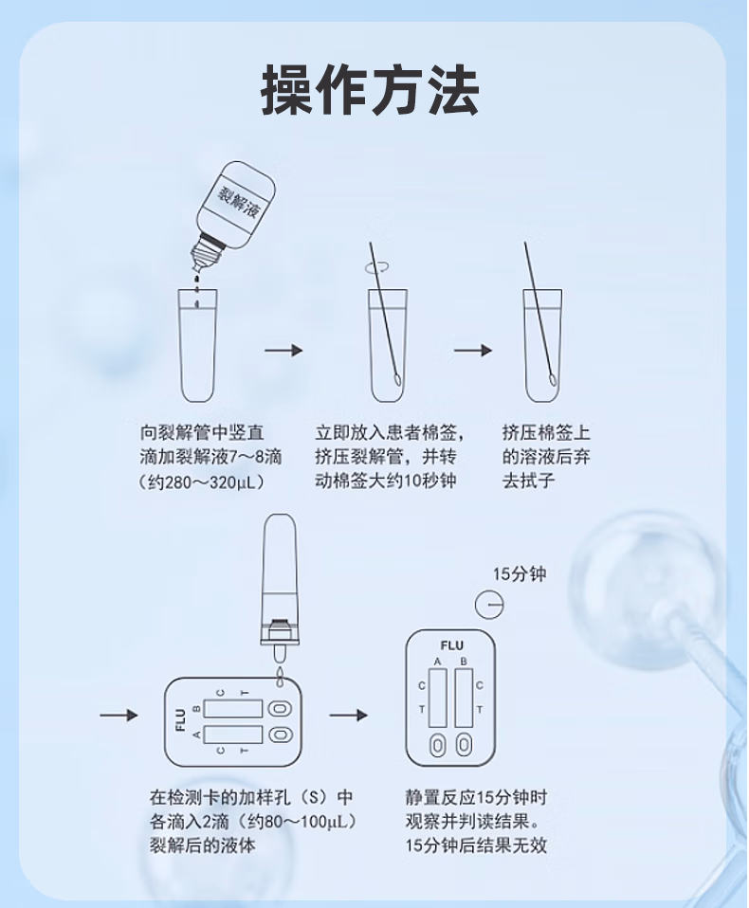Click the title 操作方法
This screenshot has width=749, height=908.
coord(370,91)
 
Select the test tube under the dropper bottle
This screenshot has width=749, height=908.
coord(199,346)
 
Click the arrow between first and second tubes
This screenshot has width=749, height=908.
coord(283,351)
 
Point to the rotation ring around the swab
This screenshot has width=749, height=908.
coord(375,269)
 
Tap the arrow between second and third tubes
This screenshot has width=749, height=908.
coord(472,351)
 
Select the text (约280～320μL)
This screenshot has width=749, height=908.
coord(201,481)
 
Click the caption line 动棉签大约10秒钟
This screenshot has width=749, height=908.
coord(386,481)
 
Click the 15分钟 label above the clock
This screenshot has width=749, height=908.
coord(520,575)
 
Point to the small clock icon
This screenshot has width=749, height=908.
coord(488,604)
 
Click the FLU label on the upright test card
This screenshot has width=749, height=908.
coord(451,646)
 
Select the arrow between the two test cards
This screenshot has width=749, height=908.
coord(348,715)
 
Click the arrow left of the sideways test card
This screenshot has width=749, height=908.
coord(119,715)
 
